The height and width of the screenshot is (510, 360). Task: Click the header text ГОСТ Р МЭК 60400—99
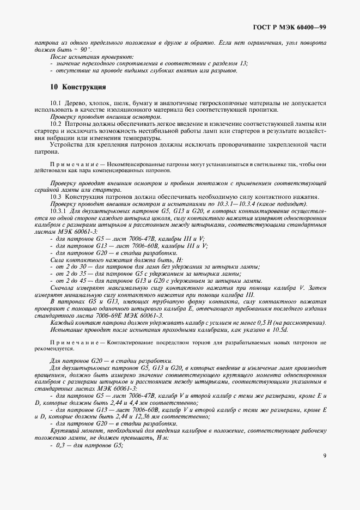point(297,27)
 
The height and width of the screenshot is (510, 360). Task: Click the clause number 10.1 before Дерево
point(56,102)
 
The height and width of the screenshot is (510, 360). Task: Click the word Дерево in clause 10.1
point(76,102)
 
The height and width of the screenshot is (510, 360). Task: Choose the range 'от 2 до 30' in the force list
point(71,267)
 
